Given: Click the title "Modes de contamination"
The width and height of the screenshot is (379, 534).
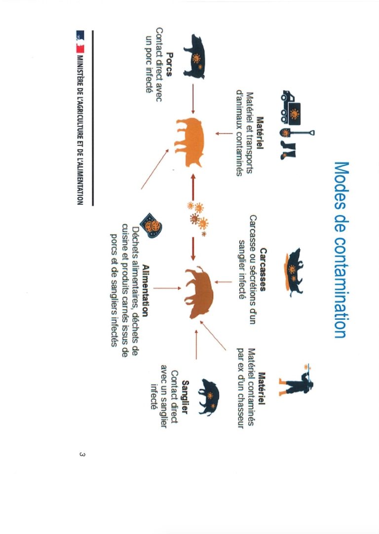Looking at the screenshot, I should (341, 249).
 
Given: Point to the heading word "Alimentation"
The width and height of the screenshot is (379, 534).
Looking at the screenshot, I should (145, 291).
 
